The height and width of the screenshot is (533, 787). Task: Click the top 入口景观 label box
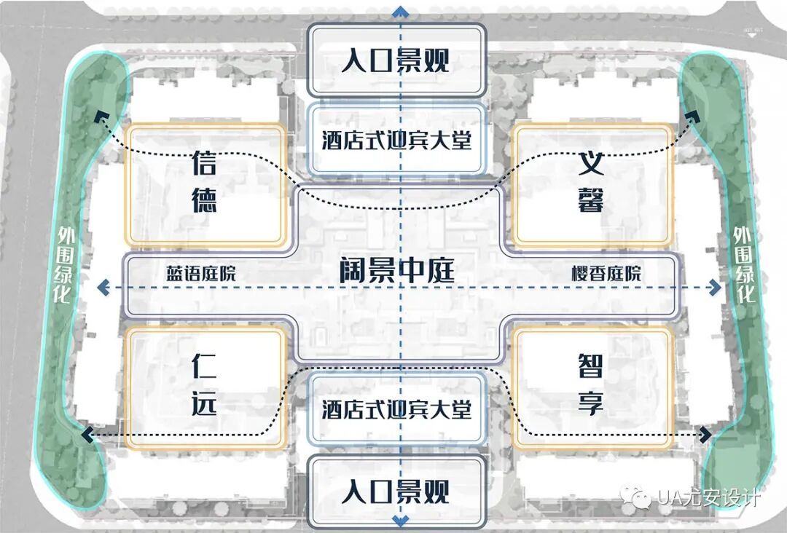click(x=396, y=60)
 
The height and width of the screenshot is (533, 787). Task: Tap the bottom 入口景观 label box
click(x=396, y=492)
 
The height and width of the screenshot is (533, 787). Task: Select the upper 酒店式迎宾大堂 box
click(x=396, y=139)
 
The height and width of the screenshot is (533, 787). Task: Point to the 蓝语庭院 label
click(x=201, y=274)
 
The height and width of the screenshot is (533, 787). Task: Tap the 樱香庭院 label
click(x=606, y=274)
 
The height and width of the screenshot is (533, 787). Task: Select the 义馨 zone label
click(x=591, y=182)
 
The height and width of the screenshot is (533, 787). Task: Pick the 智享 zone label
click(x=591, y=384)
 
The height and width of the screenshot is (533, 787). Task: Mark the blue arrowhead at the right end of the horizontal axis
click(x=717, y=288)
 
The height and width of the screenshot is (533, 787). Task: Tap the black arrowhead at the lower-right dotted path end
click(x=706, y=435)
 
